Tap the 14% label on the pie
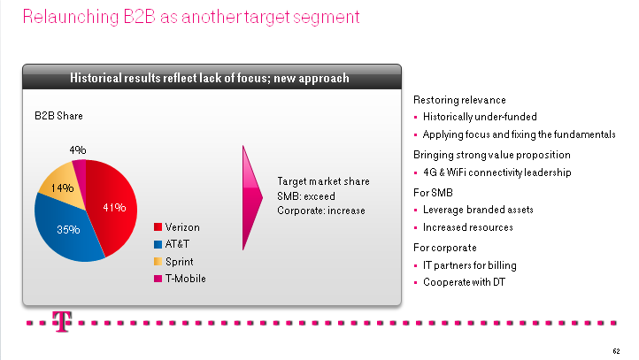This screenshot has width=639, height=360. tap(62, 188)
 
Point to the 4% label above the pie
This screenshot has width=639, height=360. tap(77, 149)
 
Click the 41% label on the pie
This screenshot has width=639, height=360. tap(114, 207)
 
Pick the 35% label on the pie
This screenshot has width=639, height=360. tap(68, 230)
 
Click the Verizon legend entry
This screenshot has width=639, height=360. tap(177, 227)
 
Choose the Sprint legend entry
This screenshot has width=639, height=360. tap(173, 262)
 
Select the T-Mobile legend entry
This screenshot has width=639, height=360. tap(180, 279)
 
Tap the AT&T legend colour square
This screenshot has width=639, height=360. tap(158, 244)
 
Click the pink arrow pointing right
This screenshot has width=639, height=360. tap(252, 198)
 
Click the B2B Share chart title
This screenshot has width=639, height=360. tap(58, 116)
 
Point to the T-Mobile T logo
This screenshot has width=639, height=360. tap(62, 322)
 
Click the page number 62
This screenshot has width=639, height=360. tap(616, 351)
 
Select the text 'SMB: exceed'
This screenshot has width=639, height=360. tap(306, 196)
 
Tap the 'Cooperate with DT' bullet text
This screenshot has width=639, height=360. tap(464, 282)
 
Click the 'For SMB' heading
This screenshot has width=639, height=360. tap(433, 193)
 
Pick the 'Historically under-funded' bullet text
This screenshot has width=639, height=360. tap(480, 117)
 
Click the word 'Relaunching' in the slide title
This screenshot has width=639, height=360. tap(71, 17)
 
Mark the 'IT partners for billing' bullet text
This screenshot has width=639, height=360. tap(469, 265)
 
